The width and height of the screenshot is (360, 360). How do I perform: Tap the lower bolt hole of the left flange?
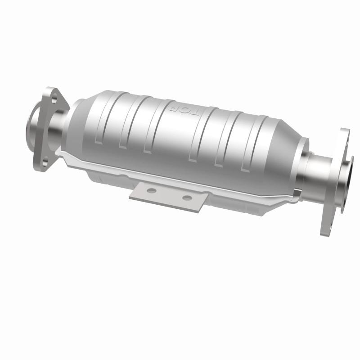(44, 157)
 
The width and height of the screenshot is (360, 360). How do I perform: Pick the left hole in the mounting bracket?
(151, 190)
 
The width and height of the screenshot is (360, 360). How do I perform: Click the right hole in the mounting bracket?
(187, 198)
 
